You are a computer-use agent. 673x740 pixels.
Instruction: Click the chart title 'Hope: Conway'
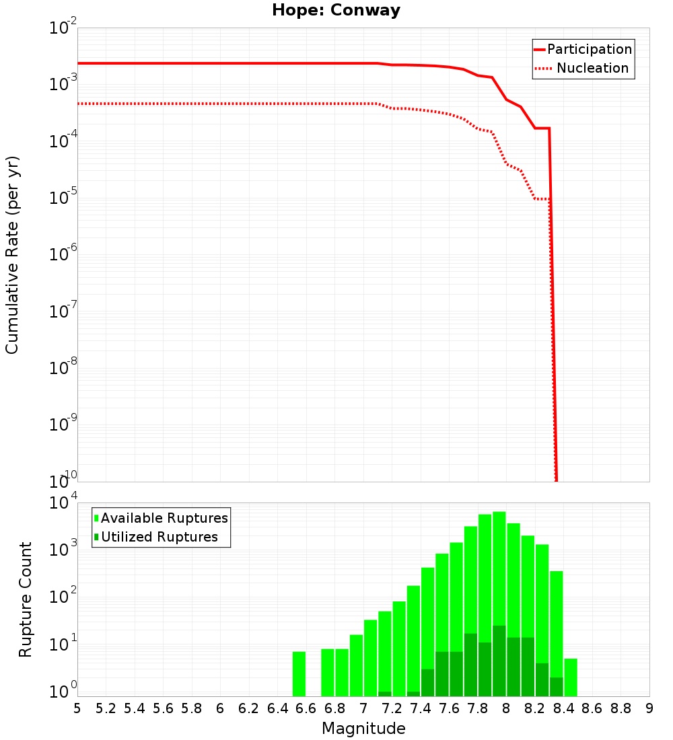point(336,11)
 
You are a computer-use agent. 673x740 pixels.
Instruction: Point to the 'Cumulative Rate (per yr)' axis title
point(12,255)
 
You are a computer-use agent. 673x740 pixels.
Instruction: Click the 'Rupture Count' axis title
point(26,599)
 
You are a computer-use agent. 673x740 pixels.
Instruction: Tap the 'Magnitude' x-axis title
point(363,729)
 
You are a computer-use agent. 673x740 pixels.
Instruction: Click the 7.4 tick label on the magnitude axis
point(421,708)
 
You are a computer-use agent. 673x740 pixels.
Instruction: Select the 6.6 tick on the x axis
point(306,708)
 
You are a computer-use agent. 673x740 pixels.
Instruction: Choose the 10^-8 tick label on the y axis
point(63,367)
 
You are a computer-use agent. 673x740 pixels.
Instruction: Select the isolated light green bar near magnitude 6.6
point(299,673)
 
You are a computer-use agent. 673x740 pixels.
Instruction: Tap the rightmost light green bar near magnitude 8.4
point(571,677)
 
